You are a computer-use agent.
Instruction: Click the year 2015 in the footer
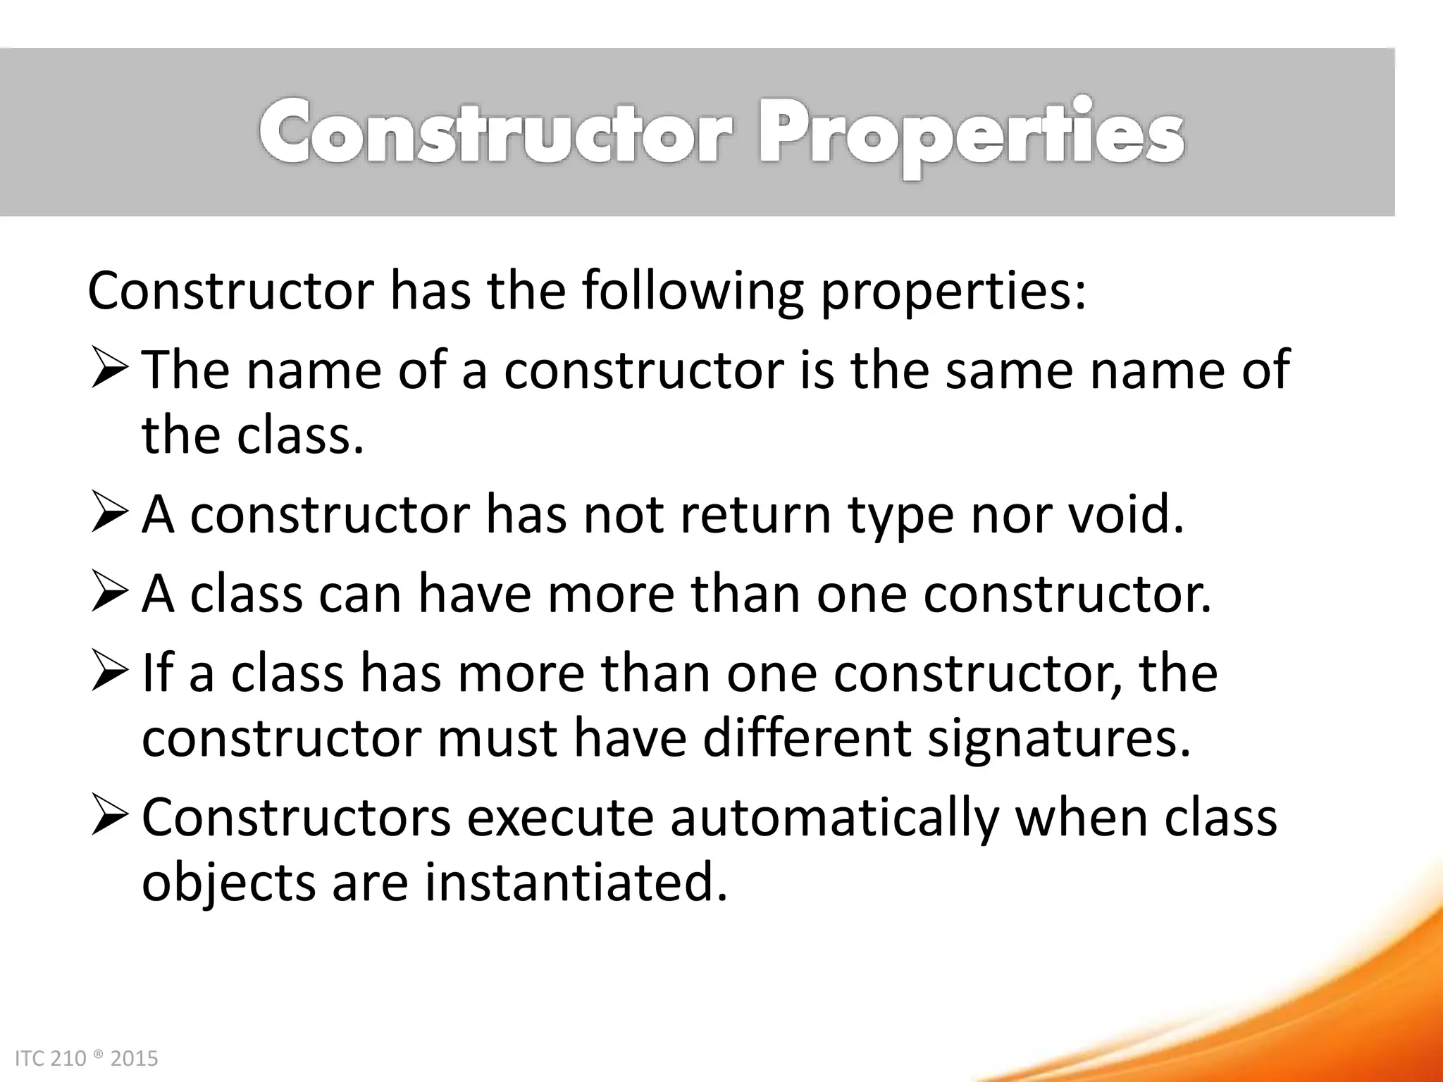coord(135,1059)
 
